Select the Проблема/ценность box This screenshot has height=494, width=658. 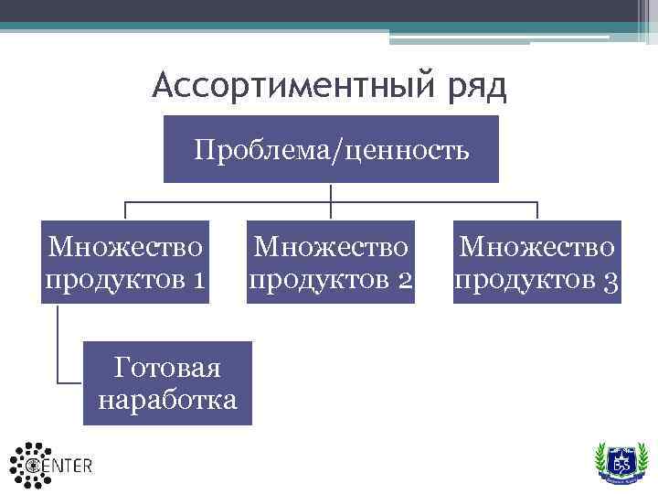click(331, 149)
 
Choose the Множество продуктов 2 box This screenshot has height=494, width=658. click(331, 262)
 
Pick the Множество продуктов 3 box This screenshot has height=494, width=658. click(536, 262)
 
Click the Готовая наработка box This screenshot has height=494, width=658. click(166, 383)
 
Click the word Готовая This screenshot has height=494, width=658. click(167, 368)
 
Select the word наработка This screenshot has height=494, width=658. click(167, 400)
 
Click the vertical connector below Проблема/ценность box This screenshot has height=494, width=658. click(331, 192)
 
